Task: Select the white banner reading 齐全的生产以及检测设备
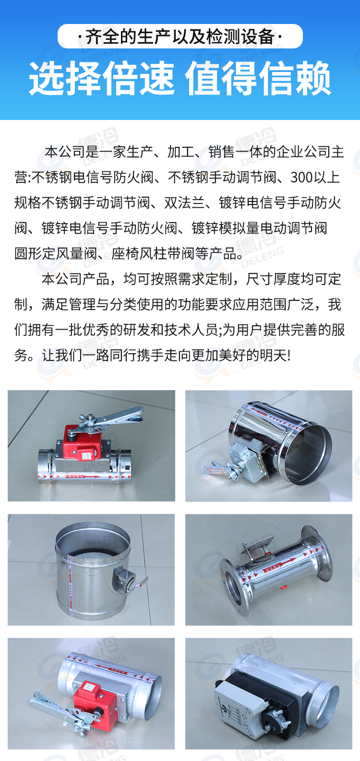pyautogui.click(x=180, y=36)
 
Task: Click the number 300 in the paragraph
pyautogui.click(x=301, y=178)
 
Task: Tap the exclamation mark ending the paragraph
pyautogui.click(x=288, y=356)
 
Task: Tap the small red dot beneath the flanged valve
pyautogui.click(x=284, y=586)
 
